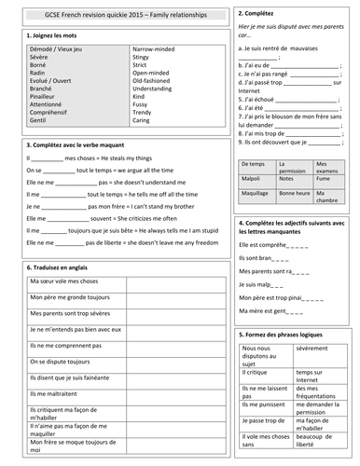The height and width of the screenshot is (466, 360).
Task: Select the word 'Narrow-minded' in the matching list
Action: (155, 45)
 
